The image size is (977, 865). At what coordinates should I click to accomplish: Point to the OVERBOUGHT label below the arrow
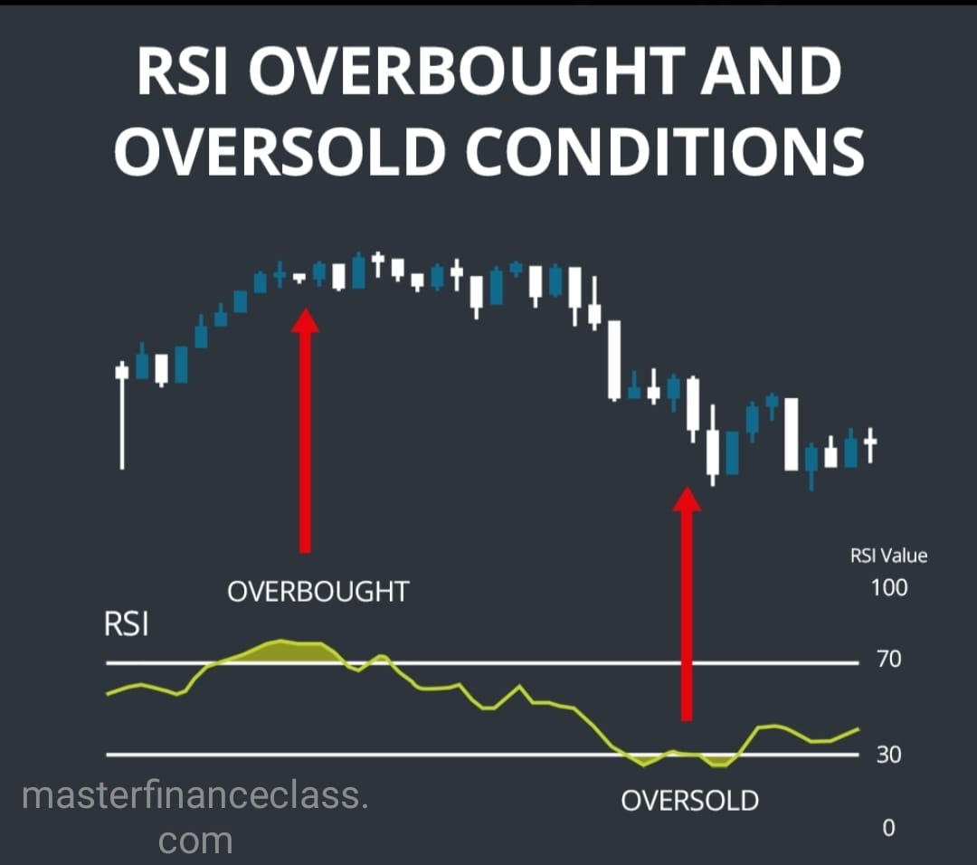[x=318, y=592]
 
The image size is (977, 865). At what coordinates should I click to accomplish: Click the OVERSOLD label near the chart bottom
[x=689, y=801]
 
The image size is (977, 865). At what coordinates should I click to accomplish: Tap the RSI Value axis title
[x=889, y=556]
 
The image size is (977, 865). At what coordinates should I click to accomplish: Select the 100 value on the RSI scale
[x=888, y=587]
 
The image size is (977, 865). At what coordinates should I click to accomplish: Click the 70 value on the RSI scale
[x=888, y=660]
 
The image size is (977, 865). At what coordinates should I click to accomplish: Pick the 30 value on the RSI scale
[x=888, y=754]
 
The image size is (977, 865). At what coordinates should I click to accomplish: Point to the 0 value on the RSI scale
[x=888, y=827]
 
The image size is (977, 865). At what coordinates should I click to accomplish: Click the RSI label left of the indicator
[x=127, y=625]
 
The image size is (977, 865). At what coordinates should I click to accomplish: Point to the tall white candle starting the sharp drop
[x=615, y=359]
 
